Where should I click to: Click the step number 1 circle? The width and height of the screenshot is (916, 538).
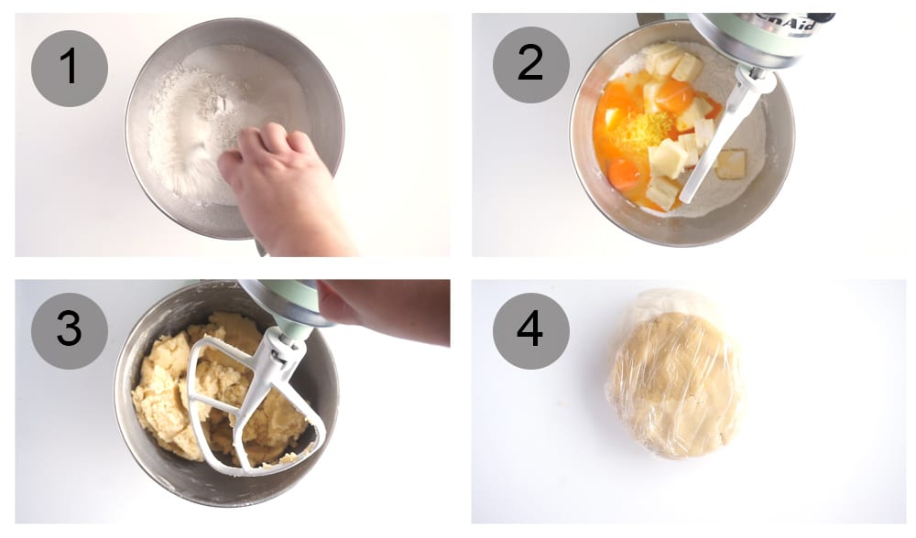pyautogui.click(x=70, y=69)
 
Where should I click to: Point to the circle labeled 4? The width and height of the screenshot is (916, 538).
pyautogui.click(x=530, y=330)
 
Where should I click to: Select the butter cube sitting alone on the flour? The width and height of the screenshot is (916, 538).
pyautogui.click(x=730, y=164)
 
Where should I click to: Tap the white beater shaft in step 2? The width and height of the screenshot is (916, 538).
pyautogui.click(x=724, y=146)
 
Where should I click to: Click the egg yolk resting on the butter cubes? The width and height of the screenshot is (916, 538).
pyautogui.click(x=675, y=93)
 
